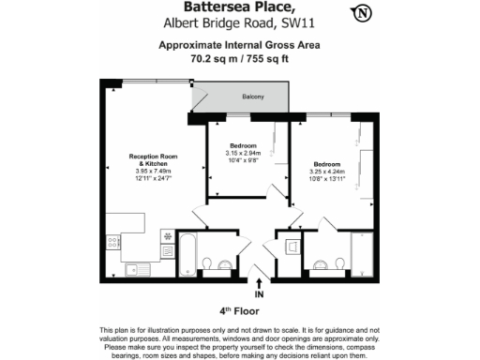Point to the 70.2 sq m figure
click(214, 57)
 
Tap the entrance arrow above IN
click(260, 278)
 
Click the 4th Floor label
click(239, 309)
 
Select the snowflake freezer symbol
click(167, 235)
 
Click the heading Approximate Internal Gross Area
click(239, 44)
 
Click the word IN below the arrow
click(260, 292)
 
